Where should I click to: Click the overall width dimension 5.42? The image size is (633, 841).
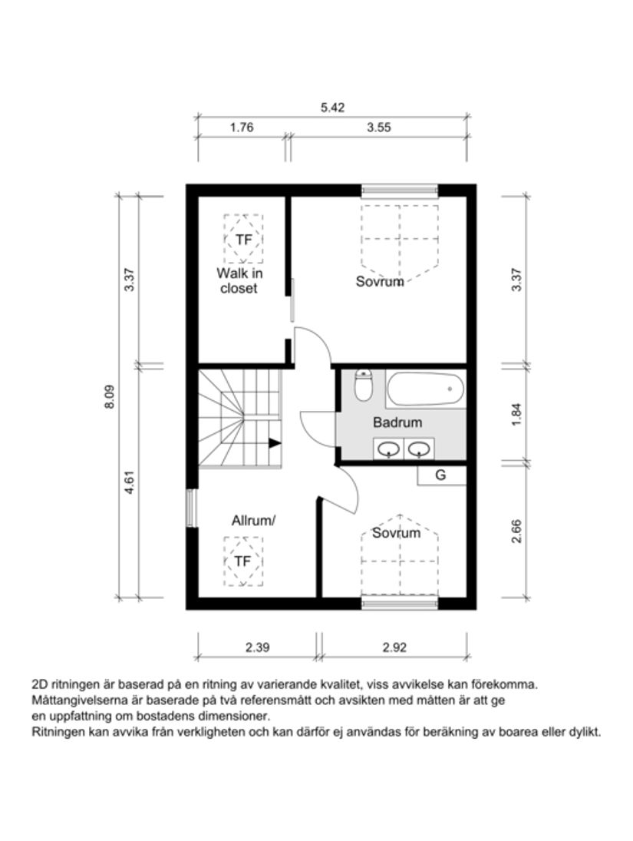332,108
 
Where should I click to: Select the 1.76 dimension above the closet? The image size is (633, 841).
242,128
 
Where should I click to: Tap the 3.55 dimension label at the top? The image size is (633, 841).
379,128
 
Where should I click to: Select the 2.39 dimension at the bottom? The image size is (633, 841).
257,647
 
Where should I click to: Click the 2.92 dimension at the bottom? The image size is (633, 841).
394,647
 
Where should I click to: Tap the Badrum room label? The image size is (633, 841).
397,422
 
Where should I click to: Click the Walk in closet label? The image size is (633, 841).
238,281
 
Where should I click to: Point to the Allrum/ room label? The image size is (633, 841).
253,521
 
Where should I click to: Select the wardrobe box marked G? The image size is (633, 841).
441,475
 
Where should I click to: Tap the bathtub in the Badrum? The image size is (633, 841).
426,390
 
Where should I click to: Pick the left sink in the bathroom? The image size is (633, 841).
388,449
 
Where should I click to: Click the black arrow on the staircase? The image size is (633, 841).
274,442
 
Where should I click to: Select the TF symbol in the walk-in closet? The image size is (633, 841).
243,240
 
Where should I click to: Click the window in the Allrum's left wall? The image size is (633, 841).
191,508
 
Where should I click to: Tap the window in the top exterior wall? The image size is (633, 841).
400,190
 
